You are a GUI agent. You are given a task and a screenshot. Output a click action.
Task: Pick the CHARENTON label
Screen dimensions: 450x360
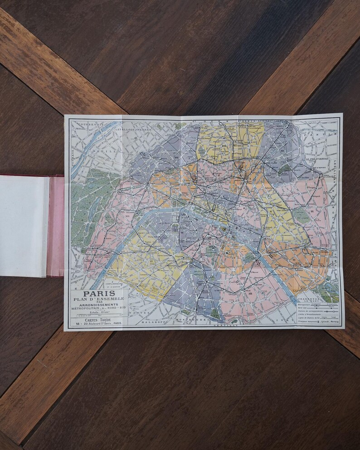click(x=316, y=300)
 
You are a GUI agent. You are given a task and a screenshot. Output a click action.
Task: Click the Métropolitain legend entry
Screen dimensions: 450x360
click(x=308, y=306)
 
